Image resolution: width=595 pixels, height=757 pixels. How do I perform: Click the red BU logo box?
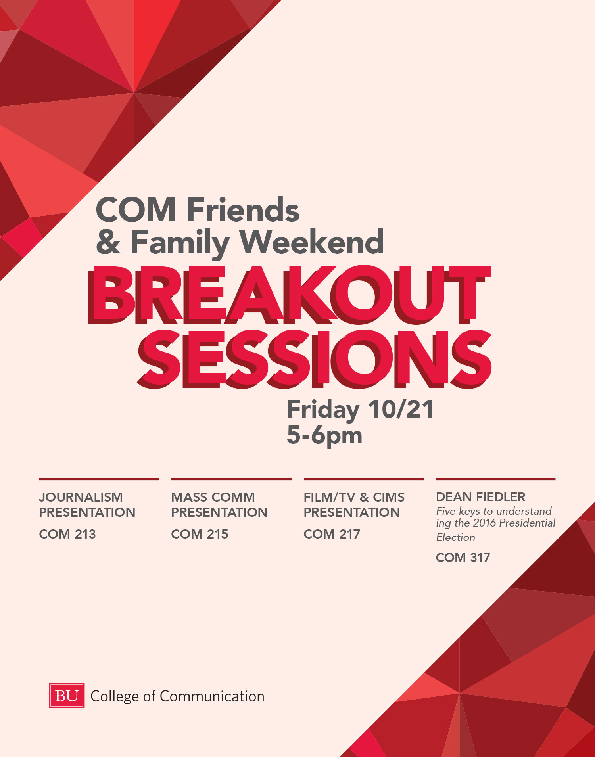point(67,696)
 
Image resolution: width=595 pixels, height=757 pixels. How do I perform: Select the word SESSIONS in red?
point(314,359)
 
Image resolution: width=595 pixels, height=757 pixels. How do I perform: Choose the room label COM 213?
point(67,534)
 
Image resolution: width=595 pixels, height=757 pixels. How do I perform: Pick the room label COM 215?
point(200,534)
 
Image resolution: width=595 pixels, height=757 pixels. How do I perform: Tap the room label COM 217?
point(332,534)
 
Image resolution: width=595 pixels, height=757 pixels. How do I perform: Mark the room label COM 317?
point(463,558)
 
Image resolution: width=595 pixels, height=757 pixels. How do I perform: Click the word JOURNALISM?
point(81,497)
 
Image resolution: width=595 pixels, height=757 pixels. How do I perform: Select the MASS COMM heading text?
point(213,497)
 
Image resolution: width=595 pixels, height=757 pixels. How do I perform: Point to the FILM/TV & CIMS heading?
point(354,497)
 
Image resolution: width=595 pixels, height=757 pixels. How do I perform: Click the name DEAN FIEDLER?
point(481,497)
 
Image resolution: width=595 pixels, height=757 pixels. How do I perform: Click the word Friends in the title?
point(243,210)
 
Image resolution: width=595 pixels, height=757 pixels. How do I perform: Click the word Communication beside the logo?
point(212,696)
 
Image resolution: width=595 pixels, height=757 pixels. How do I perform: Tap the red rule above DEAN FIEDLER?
point(495,479)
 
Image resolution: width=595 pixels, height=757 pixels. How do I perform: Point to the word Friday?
point(323,410)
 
